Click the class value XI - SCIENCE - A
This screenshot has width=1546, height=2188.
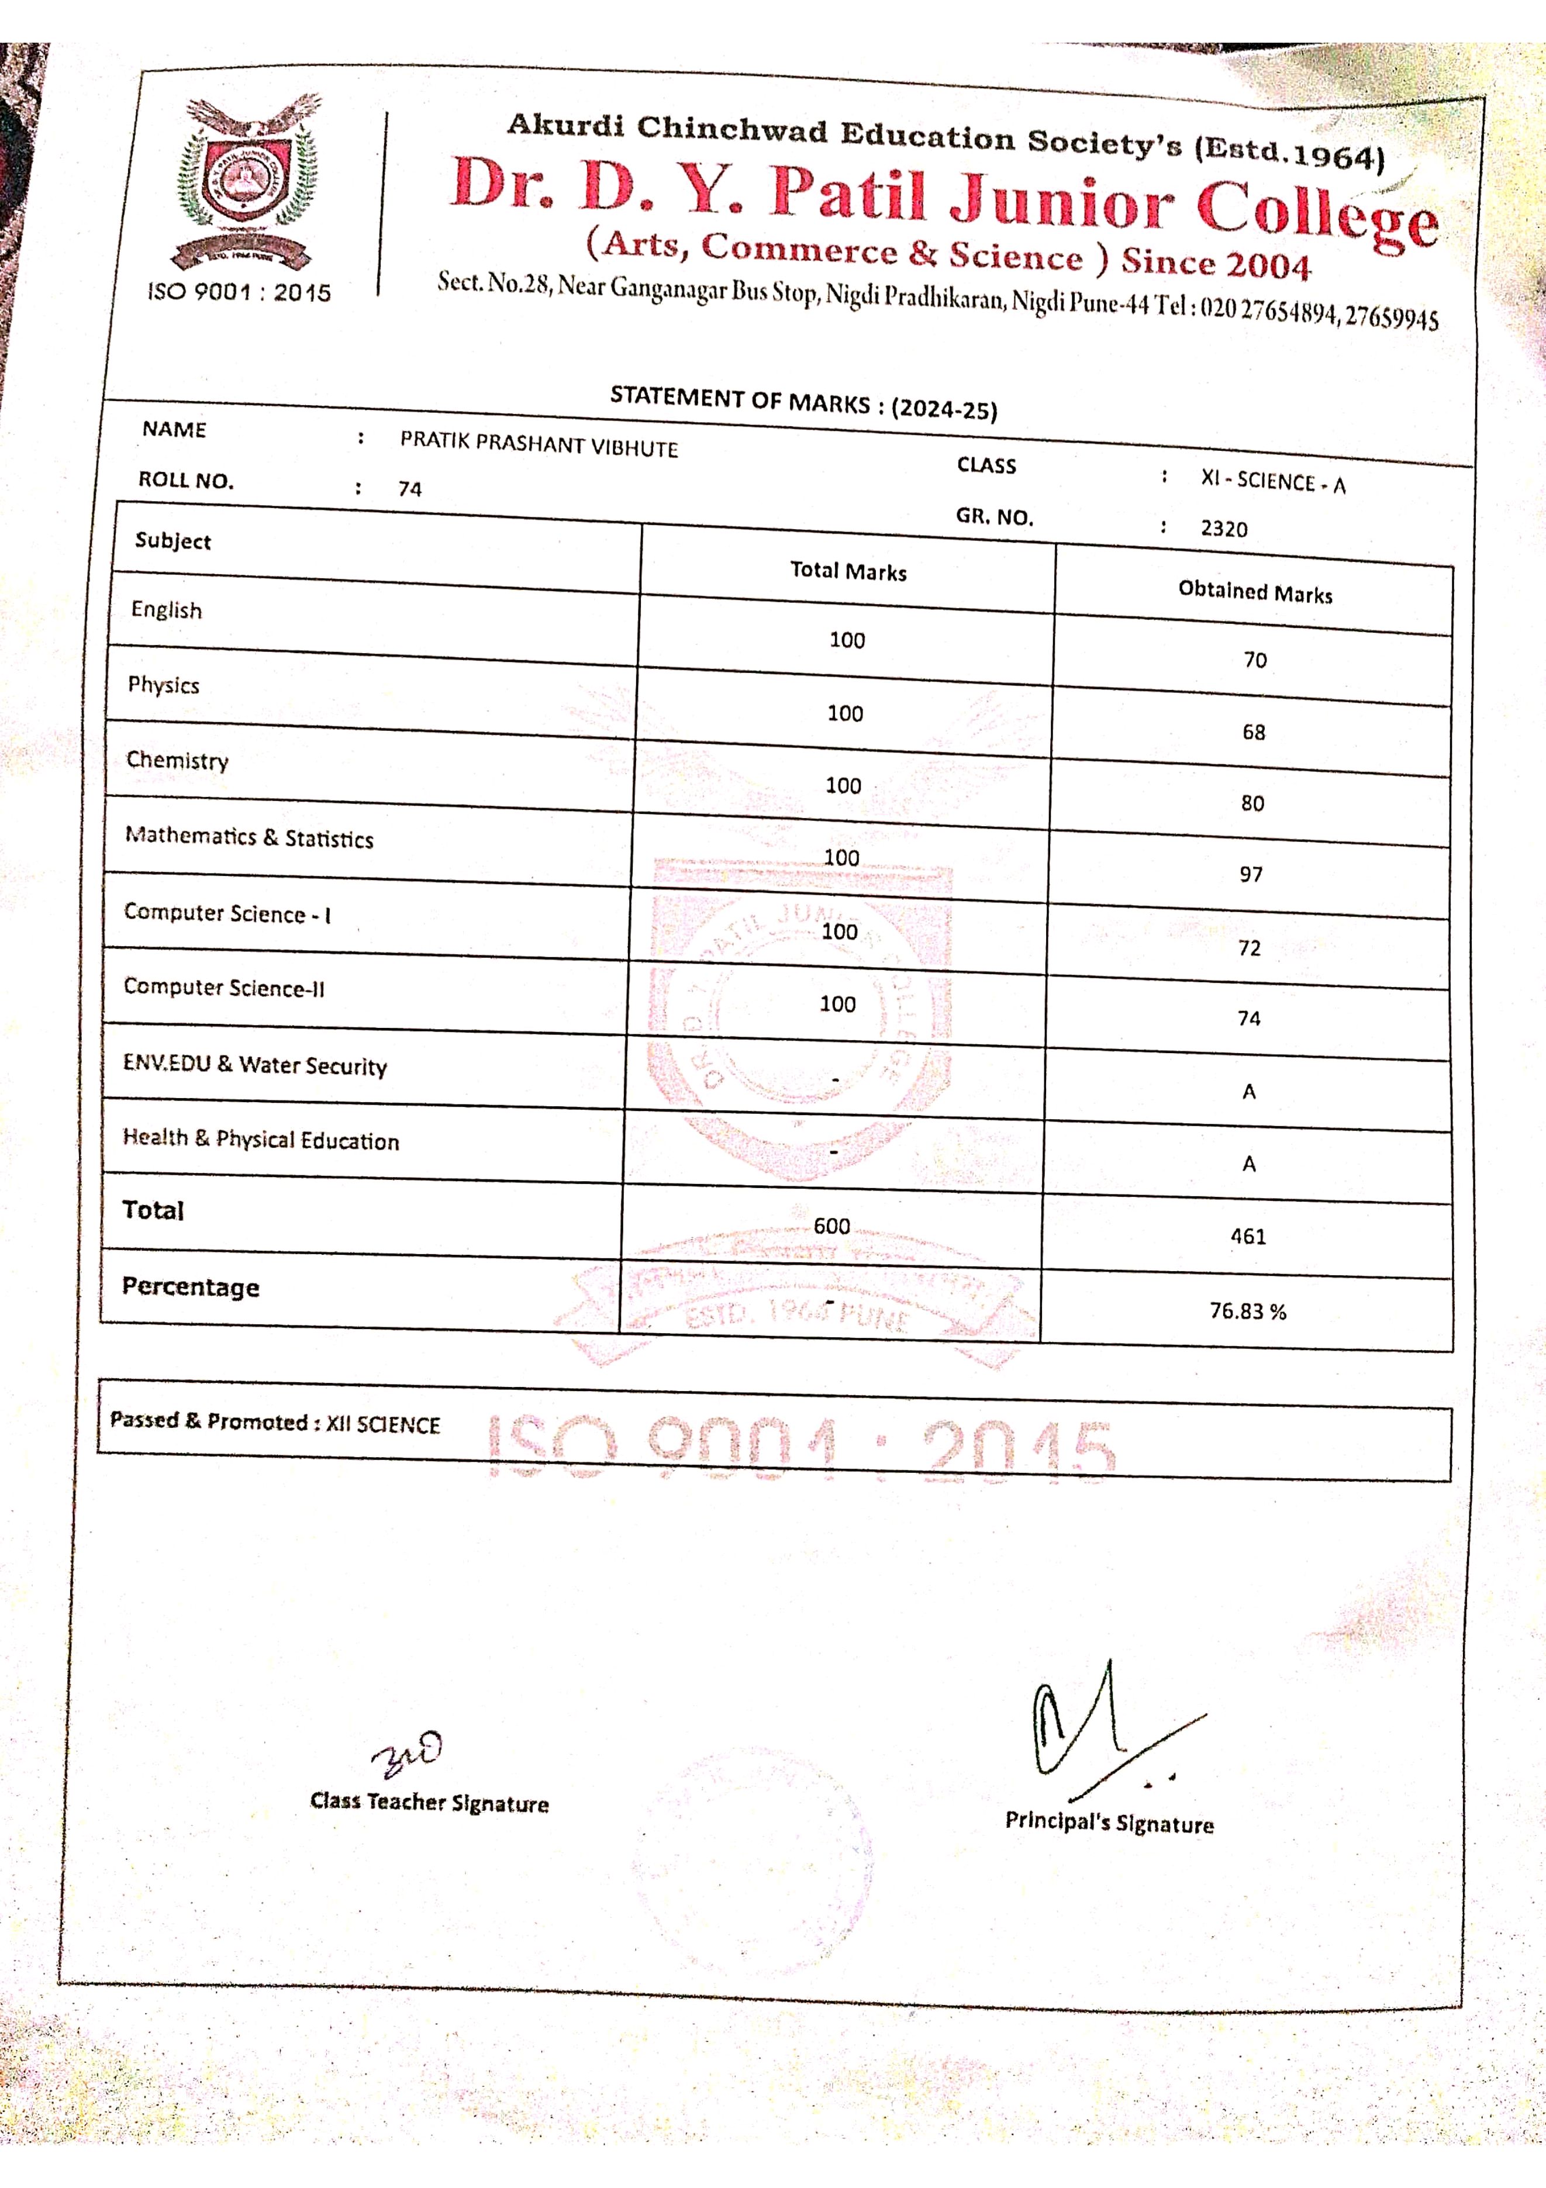(x=1272, y=482)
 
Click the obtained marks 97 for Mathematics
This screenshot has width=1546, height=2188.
(x=1251, y=875)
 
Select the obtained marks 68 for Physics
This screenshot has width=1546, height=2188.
(x=1254, y=732)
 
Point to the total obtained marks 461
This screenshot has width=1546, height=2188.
(x=1248, y=1236)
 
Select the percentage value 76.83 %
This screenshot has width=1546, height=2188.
(x=1248, y=1312)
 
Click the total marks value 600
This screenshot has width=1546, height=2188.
(x=831, y=1226)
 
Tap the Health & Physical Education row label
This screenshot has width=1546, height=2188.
(x=260, y=1139)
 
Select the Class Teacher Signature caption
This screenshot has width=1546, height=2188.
(x=429, y=1802)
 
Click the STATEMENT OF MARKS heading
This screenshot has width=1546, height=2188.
(x=803, y=402)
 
